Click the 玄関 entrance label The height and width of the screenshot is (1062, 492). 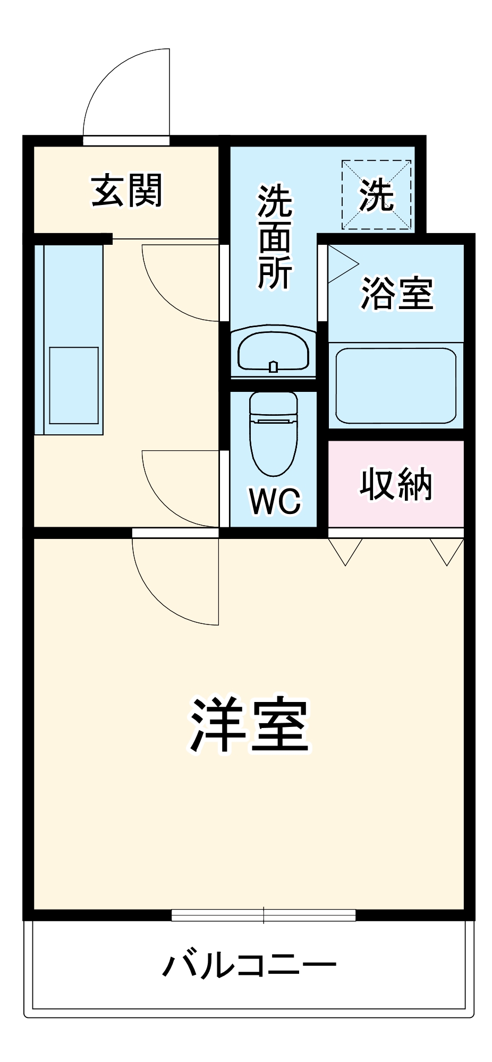[x=126, y=190]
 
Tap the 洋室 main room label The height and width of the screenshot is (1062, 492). [x=250, y=724]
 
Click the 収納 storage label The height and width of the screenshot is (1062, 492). [x=396, y=484]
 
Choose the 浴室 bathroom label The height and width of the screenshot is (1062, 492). [x=397, y=293]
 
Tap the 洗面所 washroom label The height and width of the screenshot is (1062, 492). [x=275, y=236]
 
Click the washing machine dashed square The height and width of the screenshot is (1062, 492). [x=376, y=195]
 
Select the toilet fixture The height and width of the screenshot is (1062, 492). [x=274, y=433]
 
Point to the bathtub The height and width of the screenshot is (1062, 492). [x=396, y=386]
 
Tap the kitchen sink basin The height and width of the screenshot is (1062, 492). [x=74, y=385]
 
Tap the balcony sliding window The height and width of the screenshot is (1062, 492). [x=264, y=915]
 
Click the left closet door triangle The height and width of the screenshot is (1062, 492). [x=345, y=550]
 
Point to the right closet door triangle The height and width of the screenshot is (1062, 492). [x=447, y=550]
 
